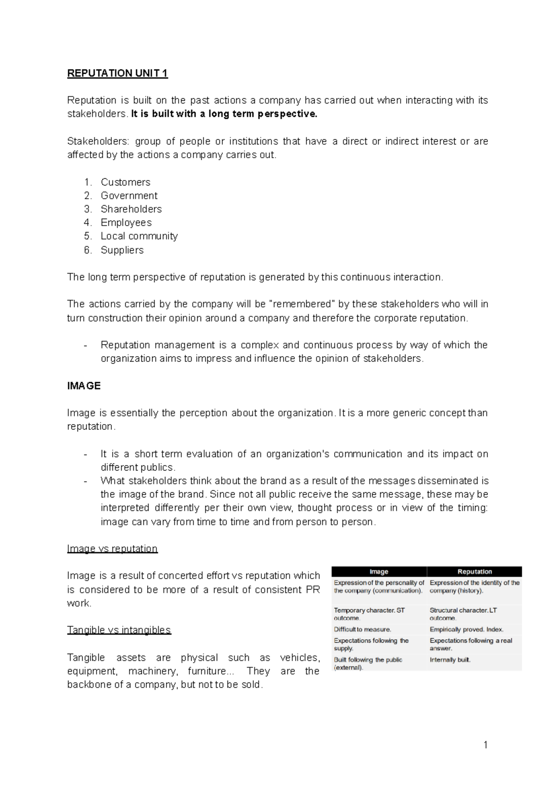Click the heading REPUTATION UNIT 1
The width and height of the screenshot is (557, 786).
point(117,73)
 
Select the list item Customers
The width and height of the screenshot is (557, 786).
point(125,182)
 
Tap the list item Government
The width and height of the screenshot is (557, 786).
point(129,195)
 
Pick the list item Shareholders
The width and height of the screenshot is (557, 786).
point(131,209)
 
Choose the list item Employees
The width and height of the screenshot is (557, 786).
point(126,223)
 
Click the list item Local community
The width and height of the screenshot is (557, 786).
point(139,236)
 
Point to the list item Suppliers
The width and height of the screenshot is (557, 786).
point(122,250)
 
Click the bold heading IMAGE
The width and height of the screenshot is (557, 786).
point(84,386)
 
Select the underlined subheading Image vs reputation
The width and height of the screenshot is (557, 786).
point(112,548)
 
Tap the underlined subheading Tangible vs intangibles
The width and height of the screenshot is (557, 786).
point(119,630)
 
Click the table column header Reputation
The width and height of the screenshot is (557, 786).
point(474,572)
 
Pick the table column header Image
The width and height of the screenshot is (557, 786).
point(379,572)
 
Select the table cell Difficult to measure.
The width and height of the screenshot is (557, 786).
point(363,630)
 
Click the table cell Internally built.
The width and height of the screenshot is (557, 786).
point(450,660)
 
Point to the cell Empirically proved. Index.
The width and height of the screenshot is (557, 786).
point(466,630)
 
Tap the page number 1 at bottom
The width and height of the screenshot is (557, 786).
point(486,745)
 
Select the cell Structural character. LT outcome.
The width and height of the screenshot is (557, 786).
point(463,614)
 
